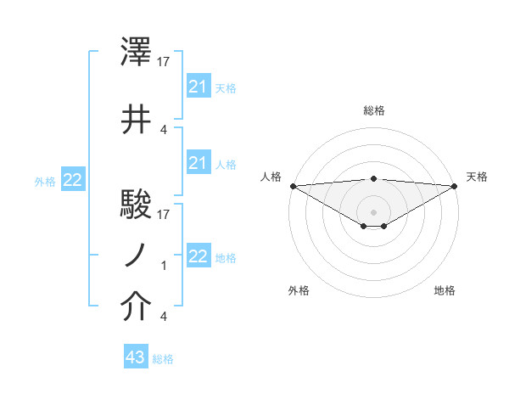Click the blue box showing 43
click(x=136, y=357)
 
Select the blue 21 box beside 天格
click(x=198, y=87)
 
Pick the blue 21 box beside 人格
click(x=198, y=163)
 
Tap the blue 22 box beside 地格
click(x=198, y=256)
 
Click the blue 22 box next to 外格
click(x=73, y=179)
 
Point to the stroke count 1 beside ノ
click(x=164, y=266)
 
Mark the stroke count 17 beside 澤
click(x=165, y=61)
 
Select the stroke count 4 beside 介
click(x=163, y=317)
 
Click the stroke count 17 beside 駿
click(x=165, y=214)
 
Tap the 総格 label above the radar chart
click(x=374, y=110)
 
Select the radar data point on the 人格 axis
click(x=293, y=186)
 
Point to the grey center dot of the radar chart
click(x=374, y=211)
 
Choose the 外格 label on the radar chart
click(x=299, y=290)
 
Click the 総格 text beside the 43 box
click(x=163, y=359)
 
